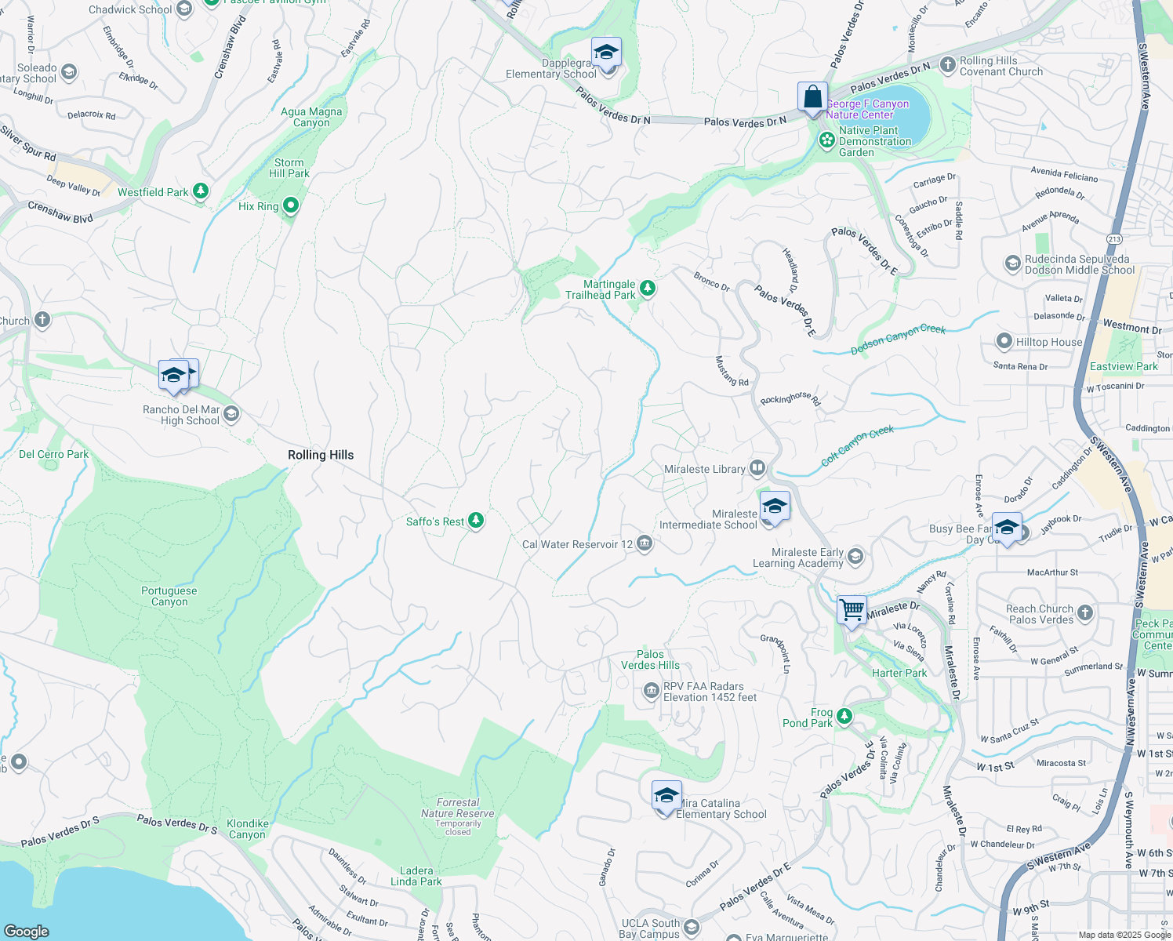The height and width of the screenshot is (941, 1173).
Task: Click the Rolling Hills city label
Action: pyautogui.click(x=321, y=455)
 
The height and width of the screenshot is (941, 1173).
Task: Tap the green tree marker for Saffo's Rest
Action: pyautogui.click(x=475, y=521)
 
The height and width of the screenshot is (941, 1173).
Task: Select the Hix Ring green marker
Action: pyautogui.click(x=291, y=205)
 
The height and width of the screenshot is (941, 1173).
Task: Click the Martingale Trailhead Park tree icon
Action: pyautogui.click(x=647, y=289)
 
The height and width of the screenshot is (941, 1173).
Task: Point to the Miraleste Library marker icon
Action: pyautogui.click(x=757, y=468)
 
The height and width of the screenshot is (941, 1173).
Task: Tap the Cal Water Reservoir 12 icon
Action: pyautogui.click(x=645, y=543)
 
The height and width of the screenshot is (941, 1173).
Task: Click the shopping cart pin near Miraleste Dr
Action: pyautogui.click(x=852, y=609)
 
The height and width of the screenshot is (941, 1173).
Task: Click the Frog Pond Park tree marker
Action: pyautogui.click(x=844, y=716)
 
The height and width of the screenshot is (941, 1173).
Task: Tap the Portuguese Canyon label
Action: pyautogui.click(x=169, y=596)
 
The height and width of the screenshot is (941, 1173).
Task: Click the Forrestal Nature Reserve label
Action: pyautogui.click(x=458, y=808)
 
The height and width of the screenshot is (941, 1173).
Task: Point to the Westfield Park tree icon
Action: pyautogui.click(x=201, y=191)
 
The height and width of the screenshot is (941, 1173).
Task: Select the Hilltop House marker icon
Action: pyautogui.click(x=1004, y=341)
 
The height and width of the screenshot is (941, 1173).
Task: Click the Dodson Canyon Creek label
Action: pyautogui.click(x=899, y=340)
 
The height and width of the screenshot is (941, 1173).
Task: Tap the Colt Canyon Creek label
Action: pyautogui.click(x=857, y=445)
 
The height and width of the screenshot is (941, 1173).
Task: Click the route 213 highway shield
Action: pyautogui.click(x=1114, y=238)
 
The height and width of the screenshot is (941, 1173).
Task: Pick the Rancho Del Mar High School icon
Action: pyautogui.click(x=231, y=413)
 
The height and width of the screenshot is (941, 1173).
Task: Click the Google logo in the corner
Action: pyautogui.click(x=27, y=931)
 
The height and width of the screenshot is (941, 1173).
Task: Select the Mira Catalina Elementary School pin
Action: pyautogui.click(x=666, y=797)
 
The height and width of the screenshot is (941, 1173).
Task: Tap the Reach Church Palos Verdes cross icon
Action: pyautogui.click(x=1085, y=613)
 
